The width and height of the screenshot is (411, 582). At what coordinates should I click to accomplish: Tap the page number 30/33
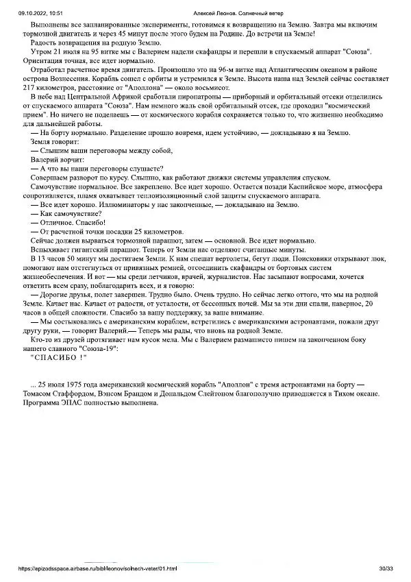click(x=386, y=568)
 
